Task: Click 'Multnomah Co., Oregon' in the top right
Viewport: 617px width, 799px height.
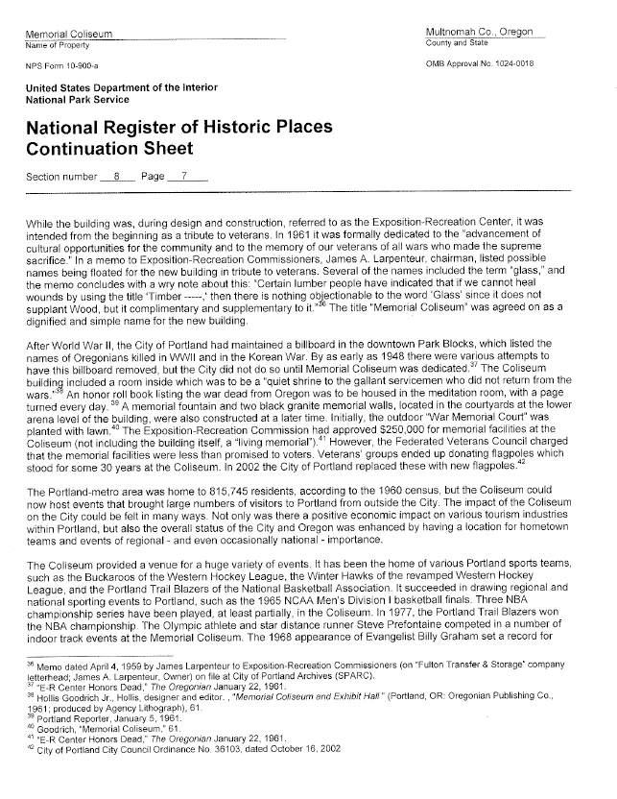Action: (479, 34)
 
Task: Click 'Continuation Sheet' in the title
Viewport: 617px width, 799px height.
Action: (110, 148)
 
